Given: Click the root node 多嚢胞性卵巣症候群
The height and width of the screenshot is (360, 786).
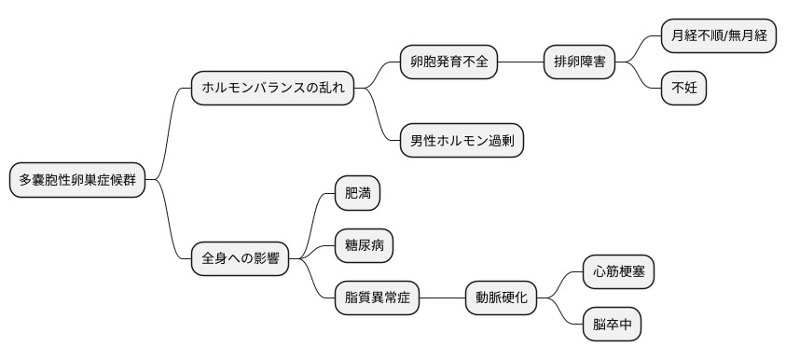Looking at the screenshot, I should tap(77, 180).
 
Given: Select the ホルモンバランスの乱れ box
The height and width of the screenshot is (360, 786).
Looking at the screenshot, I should tap(272, 89).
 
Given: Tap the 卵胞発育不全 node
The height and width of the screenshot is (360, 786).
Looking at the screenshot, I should tap(448, 62).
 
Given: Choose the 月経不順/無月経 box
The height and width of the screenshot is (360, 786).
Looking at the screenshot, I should tap(718, 36).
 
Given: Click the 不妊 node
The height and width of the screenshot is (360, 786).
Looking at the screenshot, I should tap(683, 89).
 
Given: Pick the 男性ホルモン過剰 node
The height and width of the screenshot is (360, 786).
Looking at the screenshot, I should tap(462, 141).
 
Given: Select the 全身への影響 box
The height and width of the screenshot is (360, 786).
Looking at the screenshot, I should tap(240, 258).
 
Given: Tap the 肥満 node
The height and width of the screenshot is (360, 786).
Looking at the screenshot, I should tap(358, 194).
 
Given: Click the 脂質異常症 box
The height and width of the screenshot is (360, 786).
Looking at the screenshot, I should tap(378, 298).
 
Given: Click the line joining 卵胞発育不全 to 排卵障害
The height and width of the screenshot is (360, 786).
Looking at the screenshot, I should tap(520, 62).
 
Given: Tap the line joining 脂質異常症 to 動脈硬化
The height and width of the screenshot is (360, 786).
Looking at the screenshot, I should tap(442, 298).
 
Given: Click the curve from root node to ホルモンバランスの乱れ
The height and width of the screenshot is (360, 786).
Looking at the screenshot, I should tap(169, 131).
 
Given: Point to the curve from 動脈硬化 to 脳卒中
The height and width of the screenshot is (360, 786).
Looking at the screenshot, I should tap(564, 314).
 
